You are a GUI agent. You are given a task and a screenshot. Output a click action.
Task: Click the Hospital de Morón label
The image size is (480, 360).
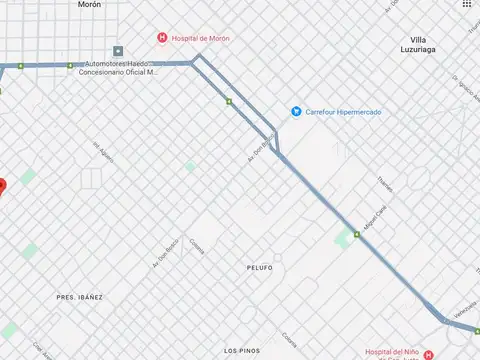[x=202, y=38]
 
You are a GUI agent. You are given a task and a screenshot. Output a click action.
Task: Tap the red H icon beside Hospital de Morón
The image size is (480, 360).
[x=162, y=38]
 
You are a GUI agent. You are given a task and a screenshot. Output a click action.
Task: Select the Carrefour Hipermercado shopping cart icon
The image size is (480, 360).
[x=296, y=111]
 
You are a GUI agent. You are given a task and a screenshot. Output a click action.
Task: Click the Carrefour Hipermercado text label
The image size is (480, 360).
[x=342, y=111]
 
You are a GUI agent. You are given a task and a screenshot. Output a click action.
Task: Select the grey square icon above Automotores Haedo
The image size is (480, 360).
[x=118, y=51]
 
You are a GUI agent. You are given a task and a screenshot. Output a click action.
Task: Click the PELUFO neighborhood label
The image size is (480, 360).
[x=259, y=268]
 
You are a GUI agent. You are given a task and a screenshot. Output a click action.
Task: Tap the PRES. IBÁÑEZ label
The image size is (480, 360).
[x=80, y=297]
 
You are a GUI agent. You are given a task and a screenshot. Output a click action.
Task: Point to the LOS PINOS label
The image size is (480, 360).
[x=242, y=350]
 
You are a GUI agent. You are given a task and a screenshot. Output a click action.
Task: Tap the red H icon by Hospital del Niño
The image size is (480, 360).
[x=429, y=355]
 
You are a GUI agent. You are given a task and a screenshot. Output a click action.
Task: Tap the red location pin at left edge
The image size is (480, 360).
[x=1, y=185]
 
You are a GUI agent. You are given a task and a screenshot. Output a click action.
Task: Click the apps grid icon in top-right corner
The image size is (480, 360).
[x=467, y=5]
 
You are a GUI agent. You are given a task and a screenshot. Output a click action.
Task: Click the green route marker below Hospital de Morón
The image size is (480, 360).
[x=229, y=102]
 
